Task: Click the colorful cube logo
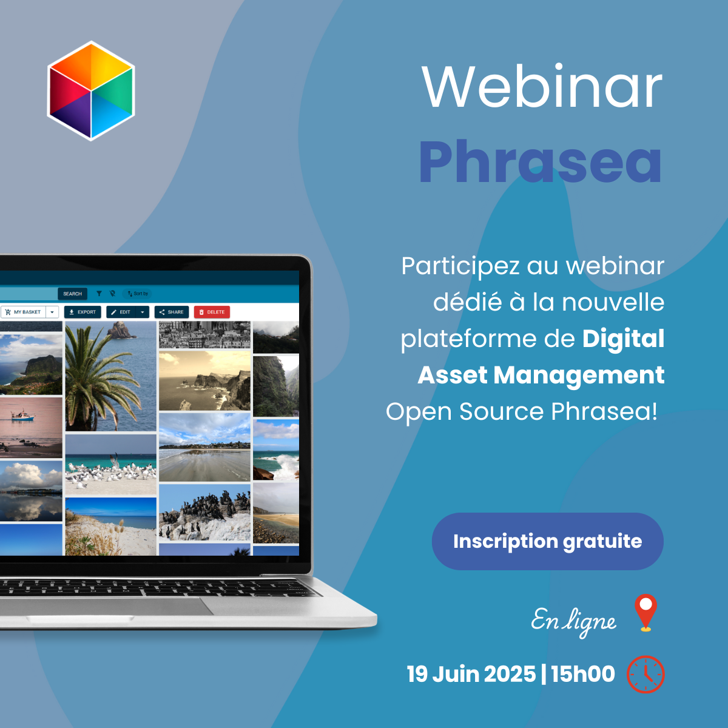[90, 90]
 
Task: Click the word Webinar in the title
[542, 87]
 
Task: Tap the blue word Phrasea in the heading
[541, 162]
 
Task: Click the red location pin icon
[645, 612]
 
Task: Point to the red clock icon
[645, 675]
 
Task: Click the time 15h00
[582, 674]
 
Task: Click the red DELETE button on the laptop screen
[212, 312]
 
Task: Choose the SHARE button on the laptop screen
[172, 312]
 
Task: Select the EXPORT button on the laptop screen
[83, 312]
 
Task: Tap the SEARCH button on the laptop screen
[73, 294]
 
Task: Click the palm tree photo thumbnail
[110, 376]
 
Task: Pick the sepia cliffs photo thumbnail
[204, 381]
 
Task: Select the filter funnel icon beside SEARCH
[99, 294]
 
